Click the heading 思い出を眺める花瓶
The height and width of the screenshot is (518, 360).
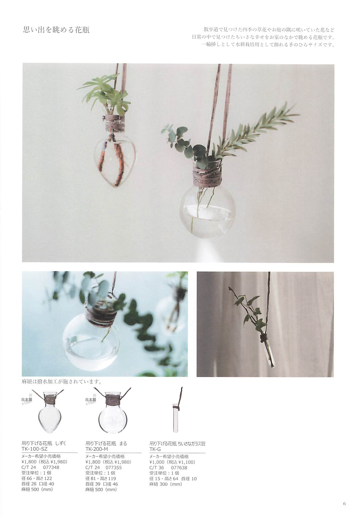coord(56,30)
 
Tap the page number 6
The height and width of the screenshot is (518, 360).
coord(344,503)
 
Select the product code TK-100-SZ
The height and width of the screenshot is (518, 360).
coord(34,449)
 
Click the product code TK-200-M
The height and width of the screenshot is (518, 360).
coord(97,449)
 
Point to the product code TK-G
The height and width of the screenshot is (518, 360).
coord(155,449)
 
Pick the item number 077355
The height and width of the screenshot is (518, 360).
coord(114,467)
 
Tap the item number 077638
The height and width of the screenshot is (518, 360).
coord(179,467)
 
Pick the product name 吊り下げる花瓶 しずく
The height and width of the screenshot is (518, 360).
coord(44,443)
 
